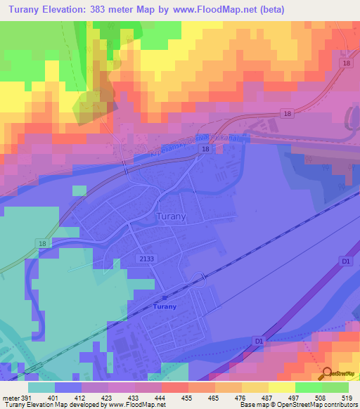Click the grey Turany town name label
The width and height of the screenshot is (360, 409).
pos(171,217)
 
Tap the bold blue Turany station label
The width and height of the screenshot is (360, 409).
pos(165,306)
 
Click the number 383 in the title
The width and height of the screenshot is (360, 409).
pos(101,10)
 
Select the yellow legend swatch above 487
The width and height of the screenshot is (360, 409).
pos(255,387)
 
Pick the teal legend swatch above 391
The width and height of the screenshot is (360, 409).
pos(41,387)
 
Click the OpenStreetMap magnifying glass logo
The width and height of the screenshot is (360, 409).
pos(328,374)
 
